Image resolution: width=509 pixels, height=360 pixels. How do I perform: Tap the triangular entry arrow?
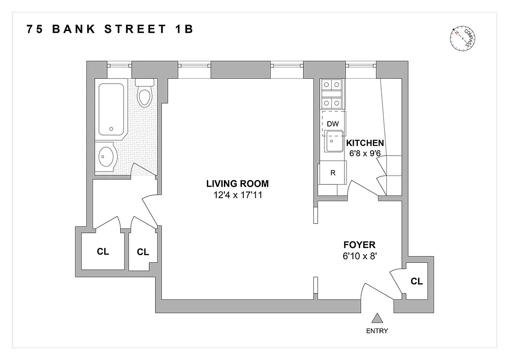pos(377,319)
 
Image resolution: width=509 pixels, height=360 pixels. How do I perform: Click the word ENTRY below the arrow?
pos(377,331)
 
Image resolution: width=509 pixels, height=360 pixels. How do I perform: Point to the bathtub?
pos(111,109)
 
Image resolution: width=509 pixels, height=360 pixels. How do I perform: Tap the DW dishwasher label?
pos(332,124)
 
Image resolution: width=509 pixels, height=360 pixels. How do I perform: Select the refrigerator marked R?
pos(332,173)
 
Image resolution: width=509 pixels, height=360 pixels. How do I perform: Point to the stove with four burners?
pos(332,93)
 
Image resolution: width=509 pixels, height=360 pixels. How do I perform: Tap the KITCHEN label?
pos(365,143)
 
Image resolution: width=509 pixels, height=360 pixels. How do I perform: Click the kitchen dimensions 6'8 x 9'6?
pos(365,153)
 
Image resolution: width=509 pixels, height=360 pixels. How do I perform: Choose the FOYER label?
pos(359,245)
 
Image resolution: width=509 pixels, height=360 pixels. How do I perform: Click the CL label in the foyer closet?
pos(417,281)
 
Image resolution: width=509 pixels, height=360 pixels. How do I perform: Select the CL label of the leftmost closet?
pos(103,252)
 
